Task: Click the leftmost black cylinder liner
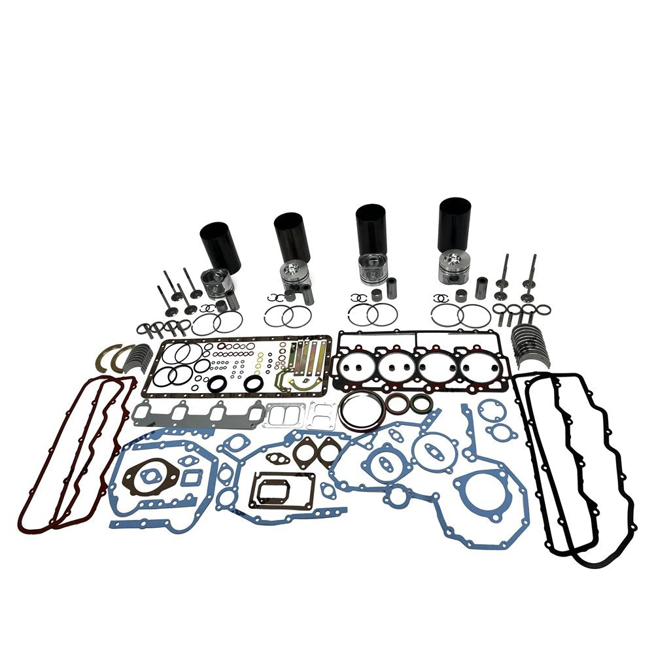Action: coord(221,246)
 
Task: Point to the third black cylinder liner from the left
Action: coord(371,230)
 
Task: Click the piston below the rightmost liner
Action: coord(455,264)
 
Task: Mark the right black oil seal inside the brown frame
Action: coord(253,385)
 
